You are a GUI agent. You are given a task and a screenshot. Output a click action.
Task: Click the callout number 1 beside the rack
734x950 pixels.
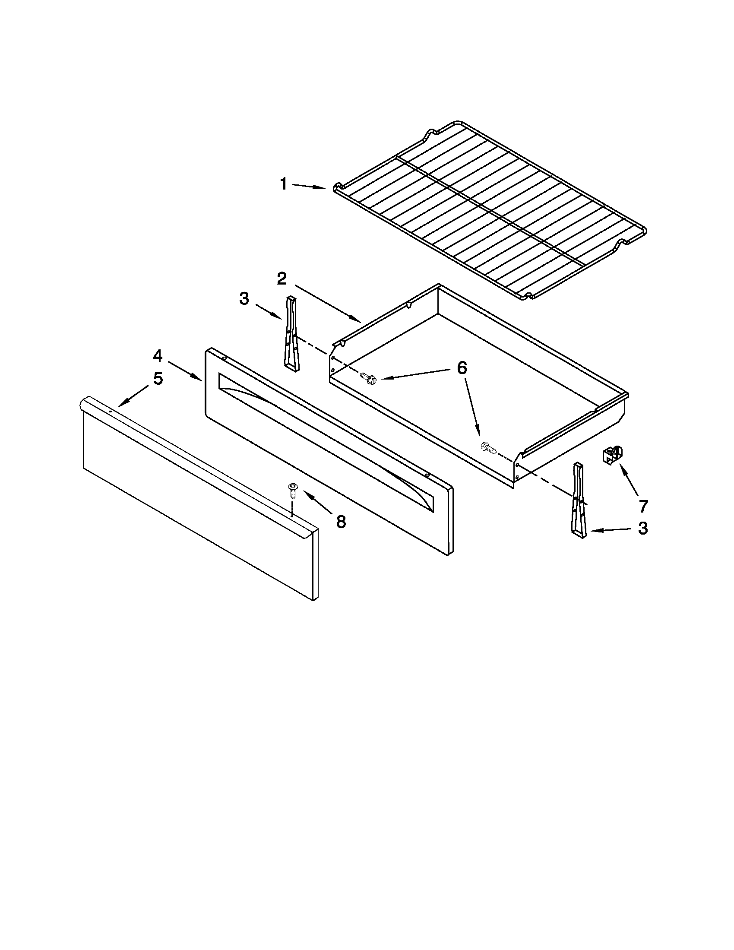pyautogui.click(x=283, y=184)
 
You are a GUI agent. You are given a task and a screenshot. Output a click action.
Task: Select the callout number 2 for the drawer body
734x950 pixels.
pyautogui.click(x=282, y=279)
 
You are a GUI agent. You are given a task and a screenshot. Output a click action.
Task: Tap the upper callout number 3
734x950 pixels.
pyautogui.click(x=244, y=299)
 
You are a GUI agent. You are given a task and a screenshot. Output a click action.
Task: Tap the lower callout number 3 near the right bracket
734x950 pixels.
pyautogui.click(x=643, y=529)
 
